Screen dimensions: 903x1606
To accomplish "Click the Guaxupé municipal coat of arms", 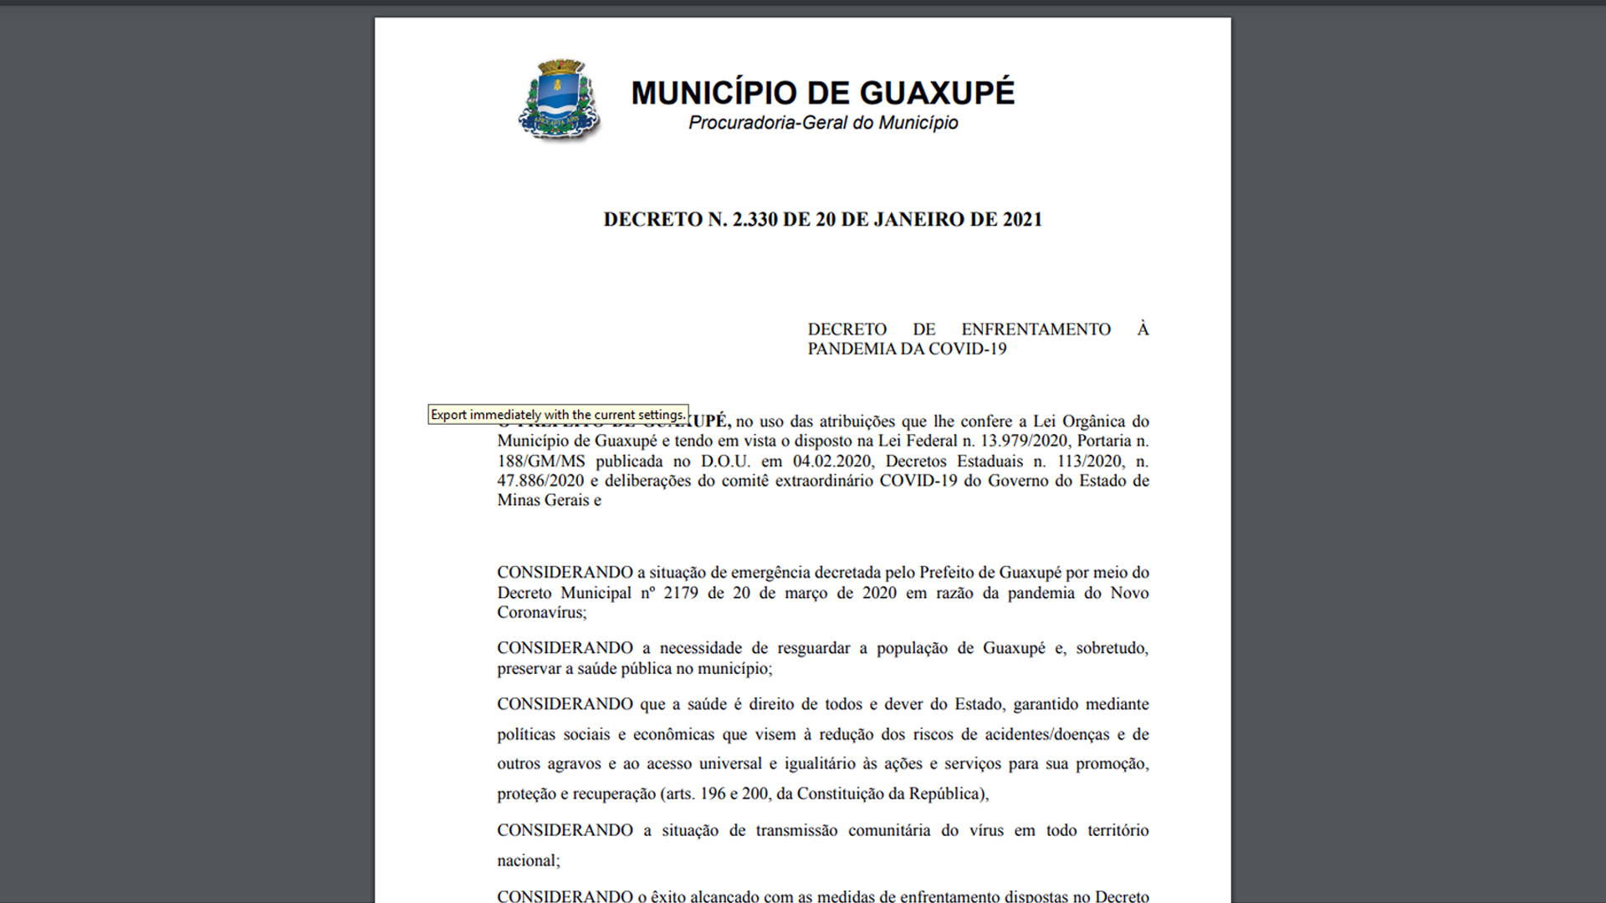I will pyautogui.click(x=560, y=100).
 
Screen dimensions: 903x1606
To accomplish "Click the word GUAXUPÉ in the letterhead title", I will pyautogui.click(x=937, y=93).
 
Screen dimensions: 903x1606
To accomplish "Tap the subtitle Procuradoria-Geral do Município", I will pyautogui.click(x=823, y=123).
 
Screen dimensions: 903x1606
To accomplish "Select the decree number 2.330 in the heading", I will pyautogui.click(x=759, y=220).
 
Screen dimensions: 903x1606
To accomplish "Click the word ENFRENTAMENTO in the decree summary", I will pyautogui.click(x=1036, y=329).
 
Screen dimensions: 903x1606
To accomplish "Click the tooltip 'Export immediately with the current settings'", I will pyautogui.click(x=558, y=415).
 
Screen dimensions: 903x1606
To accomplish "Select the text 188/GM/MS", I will pyautogui.click(x=541, y=462).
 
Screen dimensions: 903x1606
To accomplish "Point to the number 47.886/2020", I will pyautogui.click(x=540, y=481).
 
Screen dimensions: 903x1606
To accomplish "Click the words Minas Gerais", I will pyautogui.click(x=543, y=501).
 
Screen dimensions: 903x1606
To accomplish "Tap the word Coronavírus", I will pyautogui.click(x=540, y=613).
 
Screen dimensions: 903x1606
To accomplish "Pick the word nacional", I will pyautogui.click(x=526, y=861).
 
